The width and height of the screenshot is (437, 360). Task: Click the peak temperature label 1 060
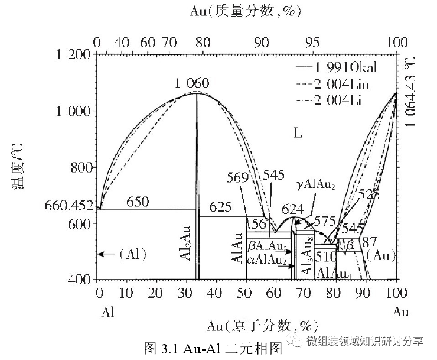click(191, 84)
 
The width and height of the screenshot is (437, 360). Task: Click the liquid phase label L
click(298, 133)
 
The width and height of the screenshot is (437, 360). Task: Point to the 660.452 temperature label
click(69, 206)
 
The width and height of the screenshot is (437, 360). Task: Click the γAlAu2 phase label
click(315, 185)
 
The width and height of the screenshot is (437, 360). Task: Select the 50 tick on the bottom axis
click(245, 293)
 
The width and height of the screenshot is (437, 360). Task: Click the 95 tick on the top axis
click(312, 43)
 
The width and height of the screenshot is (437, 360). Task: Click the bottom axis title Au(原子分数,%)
click(262, 325)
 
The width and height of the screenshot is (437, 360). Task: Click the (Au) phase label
click(380, 255)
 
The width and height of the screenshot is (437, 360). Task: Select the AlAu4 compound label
click(335, 273)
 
